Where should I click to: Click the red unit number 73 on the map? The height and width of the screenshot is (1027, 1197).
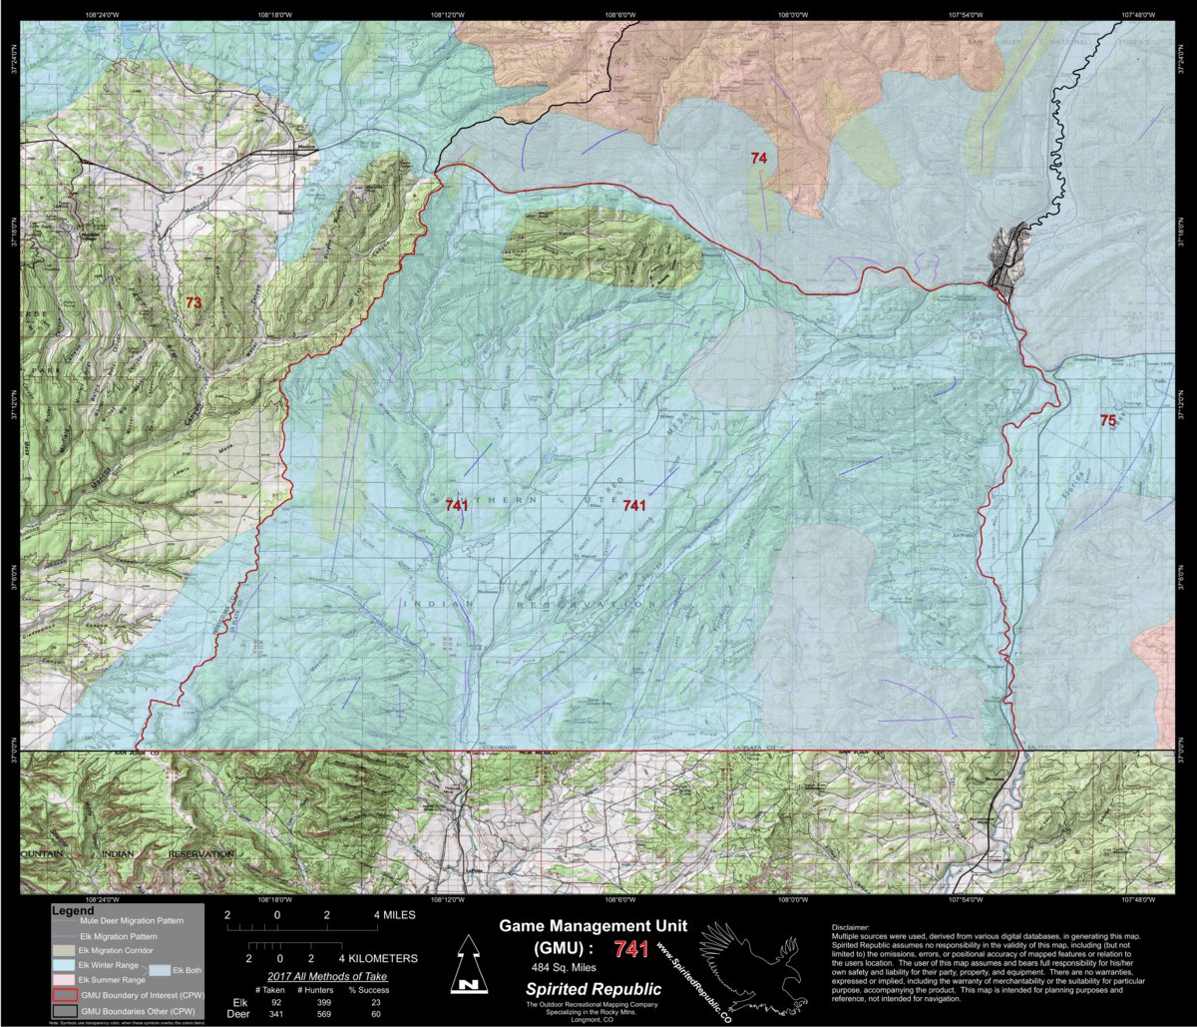[x=193, y=301]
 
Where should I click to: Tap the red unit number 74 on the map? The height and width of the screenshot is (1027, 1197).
[x=759, y=159]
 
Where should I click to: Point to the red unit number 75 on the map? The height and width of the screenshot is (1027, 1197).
[x=1107, y=420]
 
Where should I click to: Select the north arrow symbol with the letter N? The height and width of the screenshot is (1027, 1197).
[x=466, y=966]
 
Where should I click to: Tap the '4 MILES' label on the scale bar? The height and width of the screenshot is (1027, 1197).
[x=396, y=914]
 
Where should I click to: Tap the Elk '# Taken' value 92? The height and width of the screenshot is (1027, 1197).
[x=276, y=1001]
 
